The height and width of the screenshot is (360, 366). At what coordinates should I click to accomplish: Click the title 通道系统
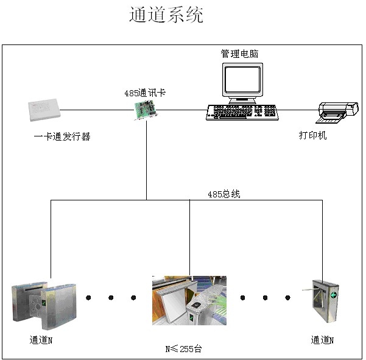click(166, 15)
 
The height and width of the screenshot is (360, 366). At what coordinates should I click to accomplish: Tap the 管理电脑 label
click(239, 54)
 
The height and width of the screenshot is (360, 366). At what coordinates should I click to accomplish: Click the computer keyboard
click(242, 112)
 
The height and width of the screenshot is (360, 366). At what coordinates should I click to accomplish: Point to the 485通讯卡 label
click(145, 93)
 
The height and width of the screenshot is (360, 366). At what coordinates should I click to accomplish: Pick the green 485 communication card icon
click(146, 110)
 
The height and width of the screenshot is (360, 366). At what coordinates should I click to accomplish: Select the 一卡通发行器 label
click(62, 137)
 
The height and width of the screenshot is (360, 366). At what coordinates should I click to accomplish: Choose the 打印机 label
click(312, 135)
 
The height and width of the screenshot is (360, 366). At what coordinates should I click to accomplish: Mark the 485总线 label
click(224, 194)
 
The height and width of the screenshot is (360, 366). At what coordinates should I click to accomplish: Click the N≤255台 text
click(183, 349)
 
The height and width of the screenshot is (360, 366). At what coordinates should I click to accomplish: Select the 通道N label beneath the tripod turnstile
click(322, 340)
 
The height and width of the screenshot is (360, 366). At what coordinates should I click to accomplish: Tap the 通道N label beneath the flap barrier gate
click(41, 340)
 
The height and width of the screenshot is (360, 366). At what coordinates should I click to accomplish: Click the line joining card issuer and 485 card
click(97, 110)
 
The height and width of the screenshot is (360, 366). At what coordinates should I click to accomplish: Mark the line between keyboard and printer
click(298, 110)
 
